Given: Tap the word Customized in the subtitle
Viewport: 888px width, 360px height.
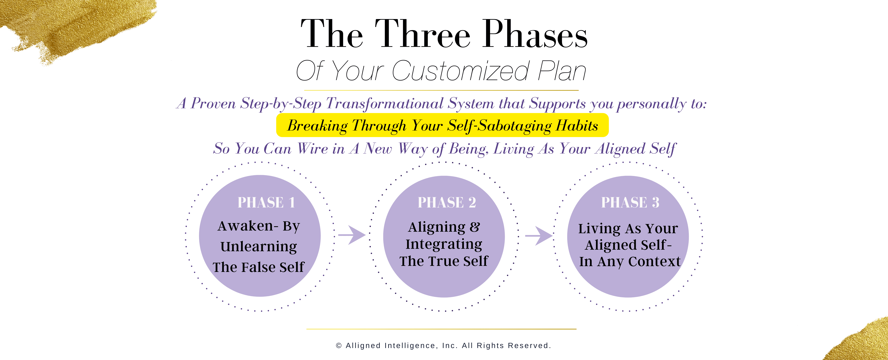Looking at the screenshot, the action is (x=461, y=71).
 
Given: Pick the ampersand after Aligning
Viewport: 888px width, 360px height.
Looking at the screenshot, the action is (x=475, y=227).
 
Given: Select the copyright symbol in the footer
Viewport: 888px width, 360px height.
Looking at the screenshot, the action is (x=339, y=345).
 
